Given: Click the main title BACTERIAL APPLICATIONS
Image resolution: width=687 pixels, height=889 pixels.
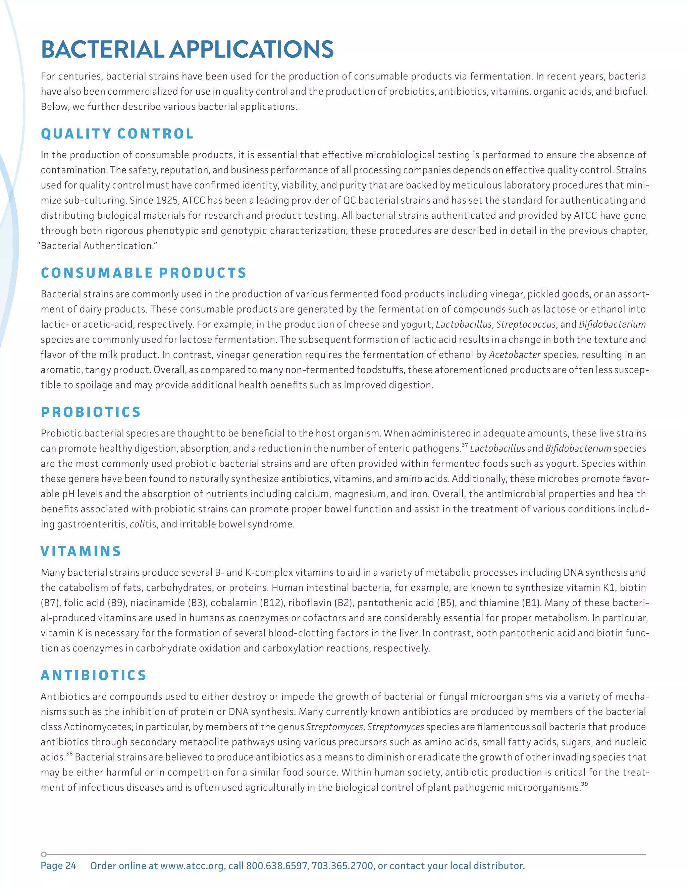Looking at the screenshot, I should coord(187,50).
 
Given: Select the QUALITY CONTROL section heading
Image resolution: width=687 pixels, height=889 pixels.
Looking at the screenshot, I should coord(117,134).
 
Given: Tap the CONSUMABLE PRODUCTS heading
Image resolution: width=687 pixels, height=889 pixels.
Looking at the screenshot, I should coord(144,273).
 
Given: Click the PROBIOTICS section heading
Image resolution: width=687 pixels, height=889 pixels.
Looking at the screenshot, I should coord(91,412).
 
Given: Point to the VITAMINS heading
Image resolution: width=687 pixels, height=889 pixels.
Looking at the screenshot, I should coord(81,552).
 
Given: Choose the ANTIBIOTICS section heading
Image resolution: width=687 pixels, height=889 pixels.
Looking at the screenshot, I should coord(93,676).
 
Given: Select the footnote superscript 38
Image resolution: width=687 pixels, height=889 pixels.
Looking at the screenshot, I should coord(69,754).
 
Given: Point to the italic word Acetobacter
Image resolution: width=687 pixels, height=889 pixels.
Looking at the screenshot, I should coord(515,355).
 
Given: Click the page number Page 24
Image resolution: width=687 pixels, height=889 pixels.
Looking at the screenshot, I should coord(58,866).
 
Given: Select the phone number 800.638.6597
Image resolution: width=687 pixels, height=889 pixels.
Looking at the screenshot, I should coord(277,866).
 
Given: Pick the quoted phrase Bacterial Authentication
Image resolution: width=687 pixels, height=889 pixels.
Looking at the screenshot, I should coord(97,246).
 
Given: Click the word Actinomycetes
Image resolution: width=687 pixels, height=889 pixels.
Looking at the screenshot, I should coord(98,727).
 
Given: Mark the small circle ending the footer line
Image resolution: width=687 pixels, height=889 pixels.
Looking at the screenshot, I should coord(44,854).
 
